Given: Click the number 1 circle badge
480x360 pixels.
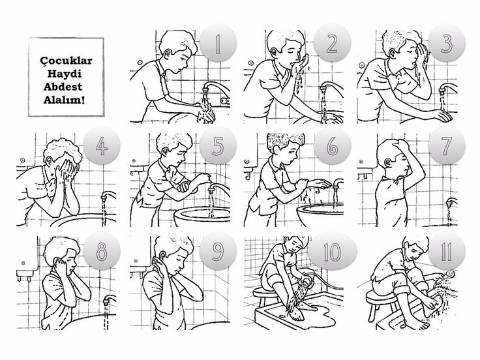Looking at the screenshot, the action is pyautogui.click(x=218, y=43).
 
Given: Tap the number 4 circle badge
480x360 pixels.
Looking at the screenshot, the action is pyautogui.click(x=102, y=146).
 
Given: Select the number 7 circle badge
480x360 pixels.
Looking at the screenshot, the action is pyautogui.click(x=447, y=146).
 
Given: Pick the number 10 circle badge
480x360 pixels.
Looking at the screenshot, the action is pyautogui.click(x=332, y=251).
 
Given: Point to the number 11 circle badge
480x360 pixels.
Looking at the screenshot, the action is pyautogui.click(x=447, y=251).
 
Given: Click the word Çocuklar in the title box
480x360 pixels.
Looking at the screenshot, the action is pyautogui.click(x=66, y=60).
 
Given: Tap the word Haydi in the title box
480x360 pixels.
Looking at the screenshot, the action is pyautogui.click(x=65, y=74).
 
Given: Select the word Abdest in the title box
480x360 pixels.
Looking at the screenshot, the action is pyautogui.click(x=63, y=87).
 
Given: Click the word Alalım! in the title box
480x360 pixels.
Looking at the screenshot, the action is pyautogui.click(x=64, y=100).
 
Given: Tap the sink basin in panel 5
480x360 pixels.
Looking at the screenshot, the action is pyautogui.click(x=202, y=216).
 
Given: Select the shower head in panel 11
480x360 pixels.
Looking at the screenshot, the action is pyautogui.click(x=450, y=273).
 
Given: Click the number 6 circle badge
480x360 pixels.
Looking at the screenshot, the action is pyautogui.click(x=332, y=146).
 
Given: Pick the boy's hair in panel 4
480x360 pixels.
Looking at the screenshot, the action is pyautogui.click(x=63, y=150).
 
